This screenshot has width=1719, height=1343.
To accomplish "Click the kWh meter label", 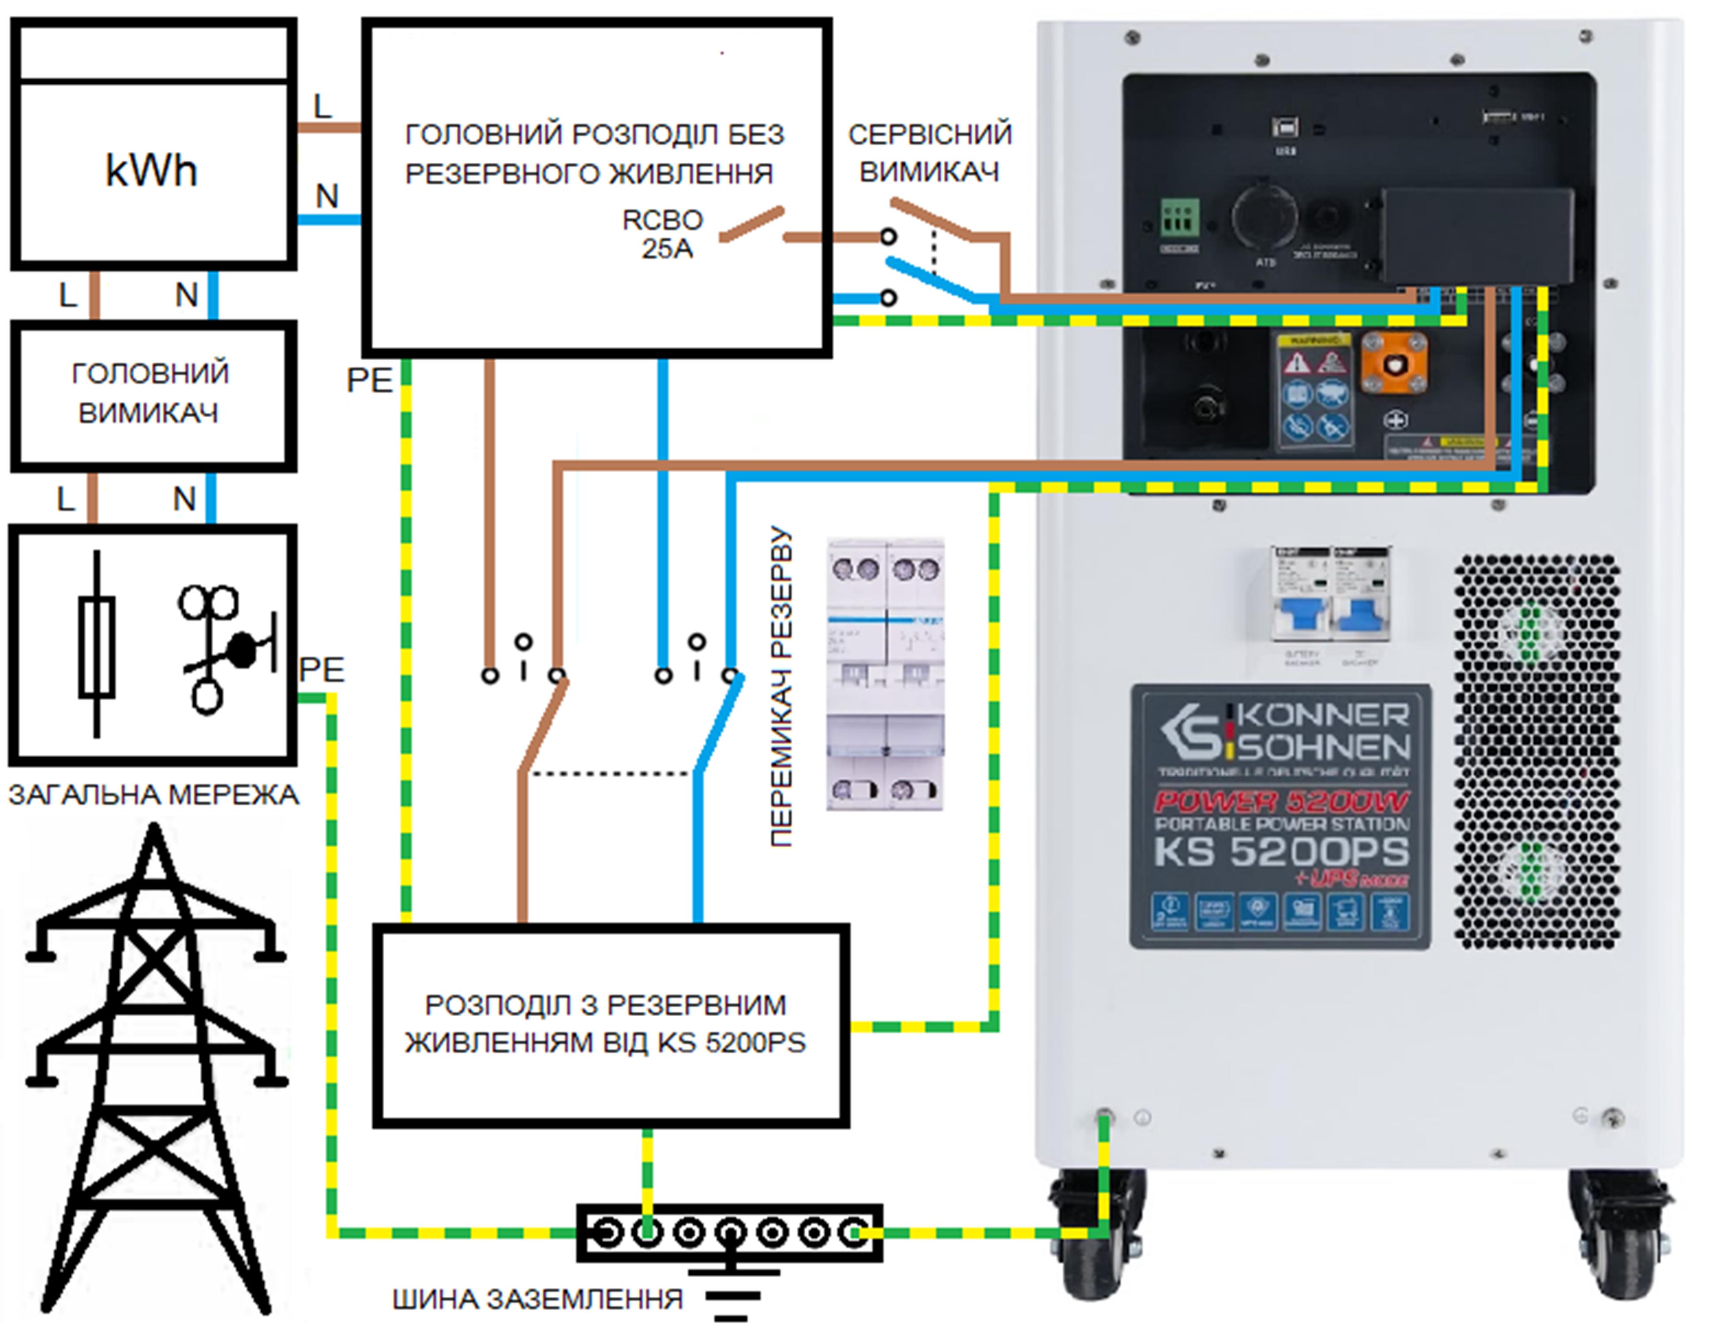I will (x=151, y=170).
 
